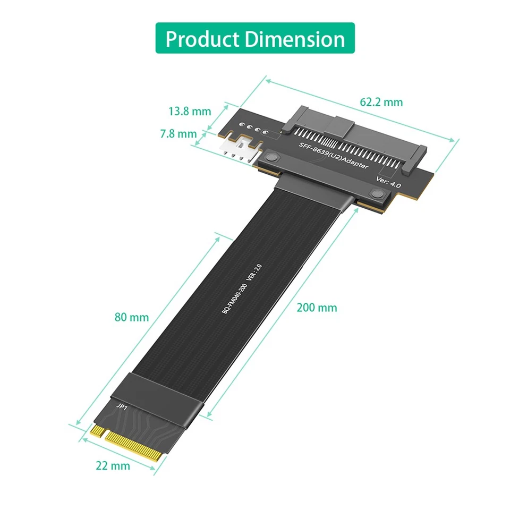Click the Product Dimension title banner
(x=254, y=38)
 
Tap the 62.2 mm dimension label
(x=381, y=102)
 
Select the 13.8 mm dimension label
(x=190, y=112)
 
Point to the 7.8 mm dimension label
(x=178, y=134)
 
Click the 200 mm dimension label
(x=317, y=308)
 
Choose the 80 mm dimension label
(x=132, y=318)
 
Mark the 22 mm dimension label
(x=113, y=466)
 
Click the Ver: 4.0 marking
(x=388, y=181)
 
